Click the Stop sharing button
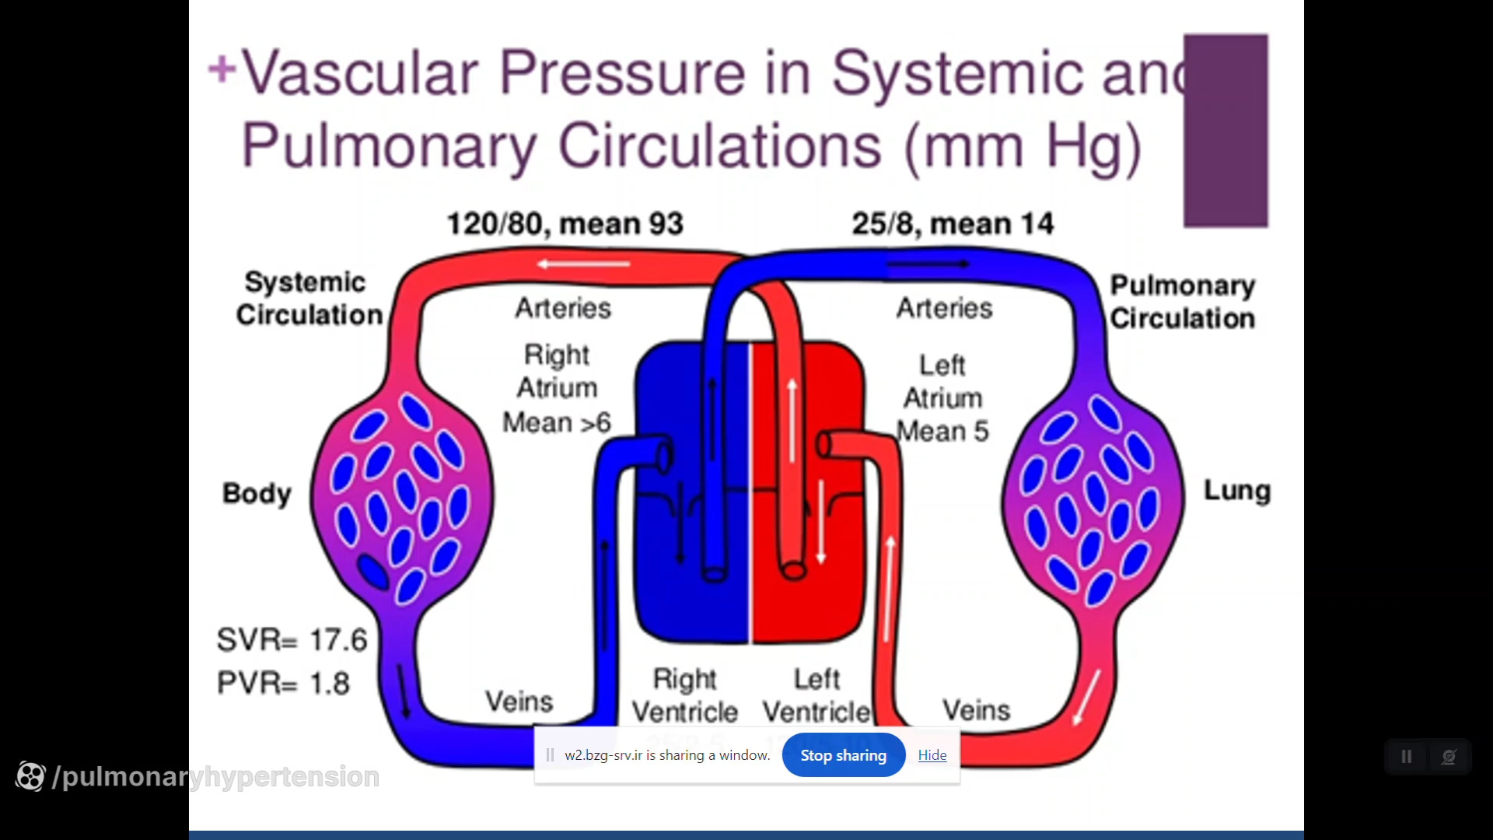[x=843, y=755]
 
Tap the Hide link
[x=932, y=755]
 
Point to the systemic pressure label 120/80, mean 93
[x=565, y=224]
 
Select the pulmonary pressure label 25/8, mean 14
[x=953, y=224]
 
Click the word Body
[x=257, y=493]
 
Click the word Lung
[x=1236, y=491]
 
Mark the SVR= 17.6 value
[x=292, y=640]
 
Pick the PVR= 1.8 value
[x=284, y=684]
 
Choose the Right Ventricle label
[x=684, y=695]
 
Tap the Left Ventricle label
[x=816, y=695]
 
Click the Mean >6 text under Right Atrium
[x=557, y=423]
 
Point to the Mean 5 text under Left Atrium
[x=942, y=432]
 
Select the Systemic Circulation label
[x=309, y=299]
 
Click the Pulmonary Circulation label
[x=1182, y=302]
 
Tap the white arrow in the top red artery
[x=583, y=264]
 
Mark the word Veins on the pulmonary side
[x=976, y=710]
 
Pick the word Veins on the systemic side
[x=519, y=702]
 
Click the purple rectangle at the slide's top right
[x=1226, y=131]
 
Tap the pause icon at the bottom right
[x=1407, y=757]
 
